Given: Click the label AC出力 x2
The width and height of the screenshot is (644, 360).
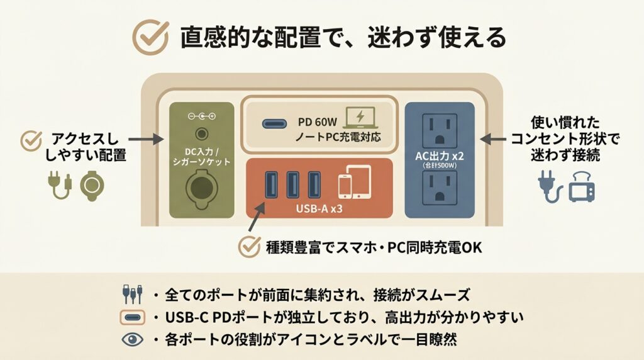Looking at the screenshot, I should [440, 156].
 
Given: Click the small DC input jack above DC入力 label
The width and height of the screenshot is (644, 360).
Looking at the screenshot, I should [202, 133].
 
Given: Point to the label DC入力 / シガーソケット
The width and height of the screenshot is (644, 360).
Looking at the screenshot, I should [201, 155].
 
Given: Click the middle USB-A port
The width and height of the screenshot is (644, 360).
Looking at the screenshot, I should [292, 184].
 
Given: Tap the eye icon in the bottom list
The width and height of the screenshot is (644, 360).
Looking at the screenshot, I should [131, 340].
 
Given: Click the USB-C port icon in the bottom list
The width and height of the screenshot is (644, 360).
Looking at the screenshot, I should [131, 317].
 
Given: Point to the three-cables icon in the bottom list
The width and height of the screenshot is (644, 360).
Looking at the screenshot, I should [131, 295].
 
